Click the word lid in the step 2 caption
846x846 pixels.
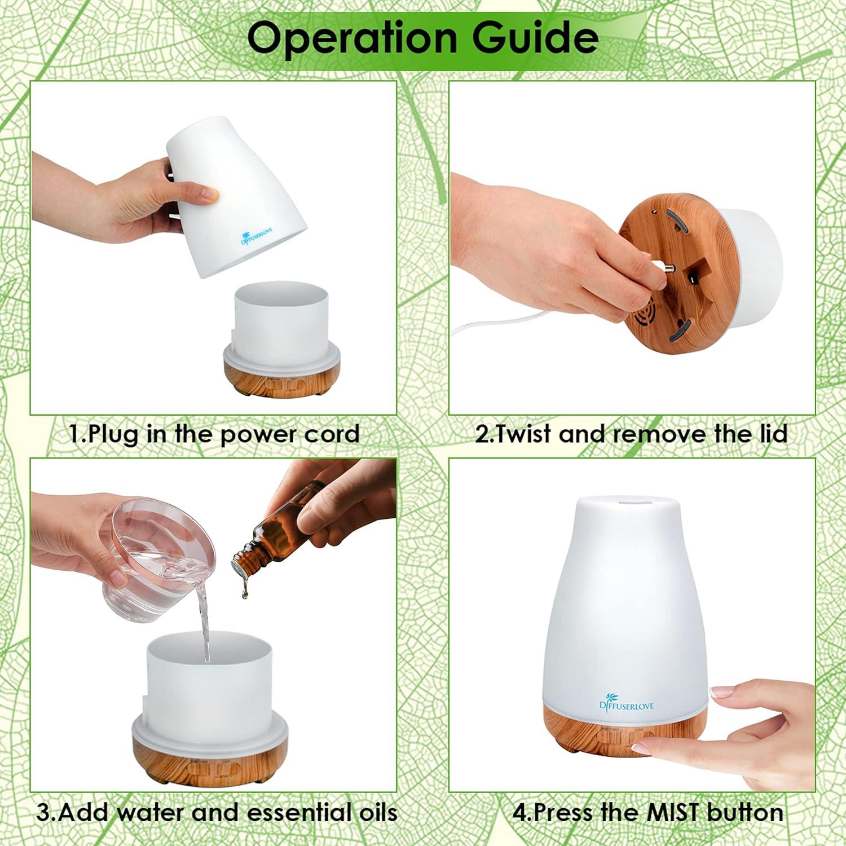tap(770, 434)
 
